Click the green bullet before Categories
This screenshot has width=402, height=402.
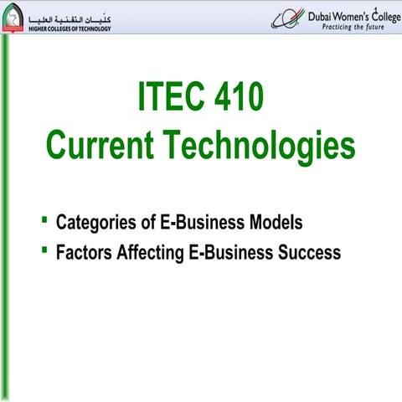(x=45, y=220)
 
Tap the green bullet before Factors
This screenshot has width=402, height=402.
(x=45, y=249)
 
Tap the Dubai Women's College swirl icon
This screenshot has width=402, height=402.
(x=287, y=18)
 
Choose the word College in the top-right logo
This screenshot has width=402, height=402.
(x=378, y=13)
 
